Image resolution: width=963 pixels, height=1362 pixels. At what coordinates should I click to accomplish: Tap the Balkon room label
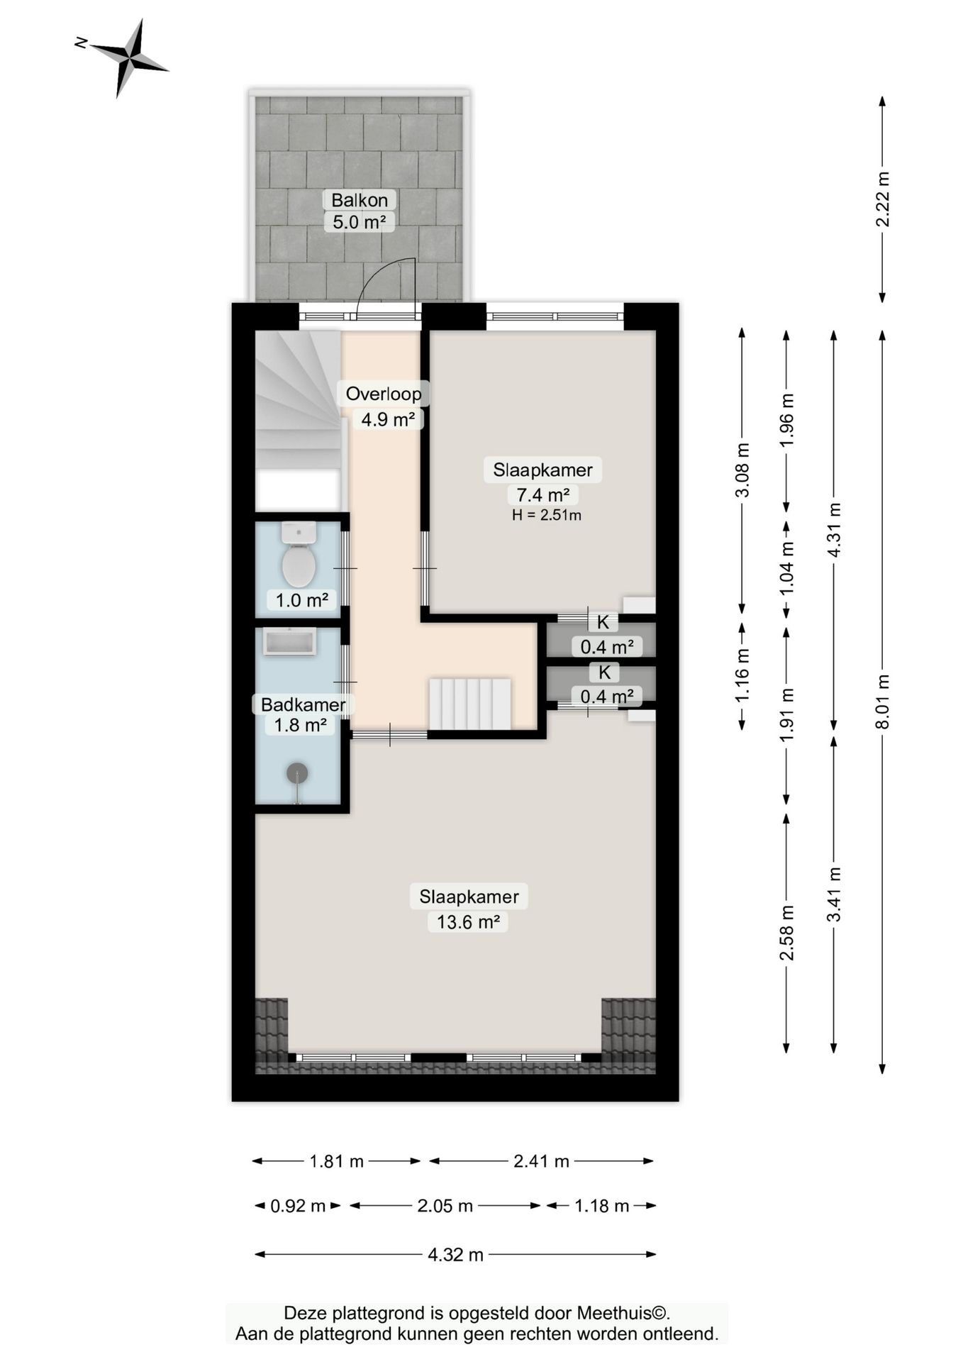pyautogui.click(x=360, y=200)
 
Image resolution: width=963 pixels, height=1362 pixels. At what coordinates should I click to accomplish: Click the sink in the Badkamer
pyautogui.click(x=289, y=642)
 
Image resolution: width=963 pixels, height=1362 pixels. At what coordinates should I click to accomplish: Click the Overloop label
pyautogui.click(x=384, y=394)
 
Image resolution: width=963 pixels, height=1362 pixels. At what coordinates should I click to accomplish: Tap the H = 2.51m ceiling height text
pyautogui.click(x=547, y=516)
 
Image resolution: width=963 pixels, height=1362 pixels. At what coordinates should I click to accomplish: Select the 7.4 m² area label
pyautogui.click(x=542, y=494)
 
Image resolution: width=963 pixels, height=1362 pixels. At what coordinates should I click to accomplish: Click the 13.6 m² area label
pyautogui.click(x=468, y=922)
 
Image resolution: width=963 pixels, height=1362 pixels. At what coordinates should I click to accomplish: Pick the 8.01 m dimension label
pyautogui.click(x=883, y=701)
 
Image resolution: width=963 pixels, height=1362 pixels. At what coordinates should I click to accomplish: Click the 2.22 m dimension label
pyautogui.click(x=883, y=199)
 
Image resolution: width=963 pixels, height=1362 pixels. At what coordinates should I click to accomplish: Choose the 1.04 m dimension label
pyautogui.click(x=786, y=568)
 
